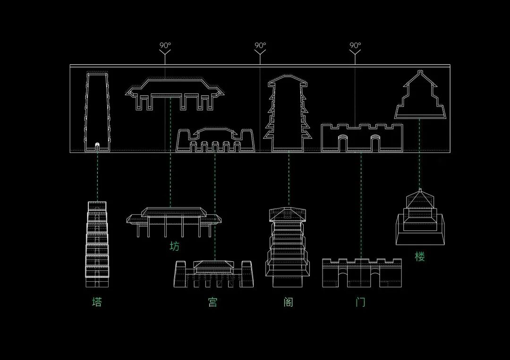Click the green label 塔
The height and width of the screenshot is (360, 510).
click(x=97, y=302)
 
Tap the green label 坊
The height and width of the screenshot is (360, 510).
click(x=175, y=246)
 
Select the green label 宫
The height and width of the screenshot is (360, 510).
click(x=213, y=302)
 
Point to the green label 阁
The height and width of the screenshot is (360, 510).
click(x=289, y=302)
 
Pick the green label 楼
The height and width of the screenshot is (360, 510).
click(x=420, y=257)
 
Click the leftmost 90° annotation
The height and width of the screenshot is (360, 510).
click(x=165, y=46)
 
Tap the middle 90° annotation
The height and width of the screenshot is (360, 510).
click(x=260, y=46)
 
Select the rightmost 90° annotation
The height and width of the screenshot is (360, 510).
click(x=355, y=46)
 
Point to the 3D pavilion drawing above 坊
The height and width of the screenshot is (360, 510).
click(x=174, y=221)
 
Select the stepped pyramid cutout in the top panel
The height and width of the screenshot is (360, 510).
click(x=420, y=97)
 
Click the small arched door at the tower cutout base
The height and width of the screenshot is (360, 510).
click(x=97, y=146)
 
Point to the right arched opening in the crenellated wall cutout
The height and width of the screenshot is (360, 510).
click(x=375, y=142)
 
